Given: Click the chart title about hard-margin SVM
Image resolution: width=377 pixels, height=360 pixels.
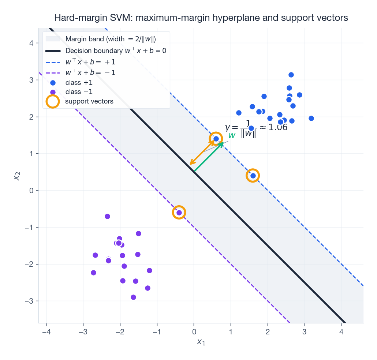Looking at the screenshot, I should click(201, 18).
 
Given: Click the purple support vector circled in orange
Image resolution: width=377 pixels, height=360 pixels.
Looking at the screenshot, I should click(179, 213).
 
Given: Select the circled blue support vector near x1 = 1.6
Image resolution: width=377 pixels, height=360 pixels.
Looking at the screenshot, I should click(253, 176).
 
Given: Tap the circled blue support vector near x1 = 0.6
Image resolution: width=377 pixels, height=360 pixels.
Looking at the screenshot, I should click(216, 139).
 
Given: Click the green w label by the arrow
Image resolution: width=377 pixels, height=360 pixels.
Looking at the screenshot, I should click(232, 136).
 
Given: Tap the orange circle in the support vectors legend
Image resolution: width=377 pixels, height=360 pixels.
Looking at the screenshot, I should click(53, 101).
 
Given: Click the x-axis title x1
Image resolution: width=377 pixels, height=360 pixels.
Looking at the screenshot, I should click(201, 342).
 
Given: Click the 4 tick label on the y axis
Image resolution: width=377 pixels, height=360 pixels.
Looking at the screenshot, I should click(32, 43).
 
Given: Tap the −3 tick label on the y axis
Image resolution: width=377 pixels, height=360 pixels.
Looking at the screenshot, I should click(29, 301).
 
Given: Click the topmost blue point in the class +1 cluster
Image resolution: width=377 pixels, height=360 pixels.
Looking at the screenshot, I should click(291, 75).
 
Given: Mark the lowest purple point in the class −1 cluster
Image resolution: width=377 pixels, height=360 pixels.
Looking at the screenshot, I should click(133, 297).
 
